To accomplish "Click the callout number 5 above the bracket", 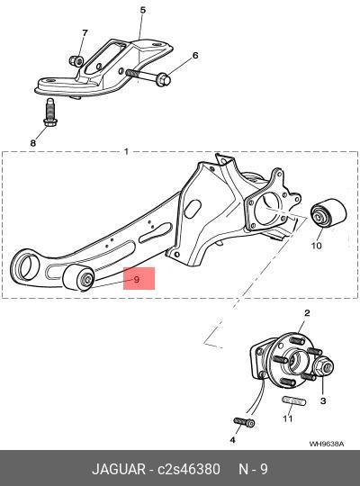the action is [142, 10].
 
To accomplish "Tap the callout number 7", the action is [85, 32].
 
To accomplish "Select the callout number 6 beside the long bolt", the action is [195, 56].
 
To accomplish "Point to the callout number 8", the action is [33, 143].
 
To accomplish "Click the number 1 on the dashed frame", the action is [126, 151].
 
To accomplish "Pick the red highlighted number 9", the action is [137, 280].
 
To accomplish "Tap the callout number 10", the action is [316, 246].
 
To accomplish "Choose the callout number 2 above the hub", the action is [307, 313].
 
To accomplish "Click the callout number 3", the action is [323, 400].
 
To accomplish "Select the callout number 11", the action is [287, 418].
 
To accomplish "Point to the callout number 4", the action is [232, 439].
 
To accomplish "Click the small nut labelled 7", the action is [76, 60].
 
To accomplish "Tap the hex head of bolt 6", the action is [164, 79].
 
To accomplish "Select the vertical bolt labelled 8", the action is [49, 112].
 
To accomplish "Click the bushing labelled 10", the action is [328, 212].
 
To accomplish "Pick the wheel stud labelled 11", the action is [294, 400].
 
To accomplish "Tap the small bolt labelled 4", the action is [244, 422].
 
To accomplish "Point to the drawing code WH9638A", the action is [326, 445].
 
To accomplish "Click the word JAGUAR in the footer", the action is [119, 469].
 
